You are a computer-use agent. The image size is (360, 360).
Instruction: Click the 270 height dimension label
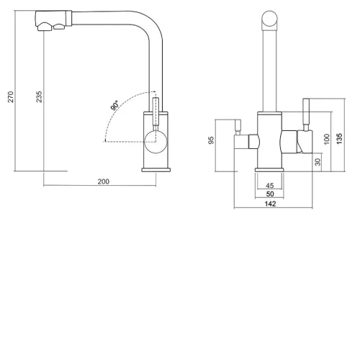(11, 96)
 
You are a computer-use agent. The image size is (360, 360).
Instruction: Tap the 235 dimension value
(39, 96)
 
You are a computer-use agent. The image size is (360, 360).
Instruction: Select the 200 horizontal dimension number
(104, 181)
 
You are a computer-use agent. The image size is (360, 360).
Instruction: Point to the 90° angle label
(114, 105)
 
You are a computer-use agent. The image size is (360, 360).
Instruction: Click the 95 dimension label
(211, 140)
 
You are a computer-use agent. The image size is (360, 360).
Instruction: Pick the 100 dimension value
(327, 139)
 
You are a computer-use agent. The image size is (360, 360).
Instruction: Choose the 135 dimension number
(339, 139)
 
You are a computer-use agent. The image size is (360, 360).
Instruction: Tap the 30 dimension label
(318, 162)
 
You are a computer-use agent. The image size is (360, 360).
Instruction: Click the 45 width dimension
(270, 186)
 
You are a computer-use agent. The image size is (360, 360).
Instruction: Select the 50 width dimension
(270, 194)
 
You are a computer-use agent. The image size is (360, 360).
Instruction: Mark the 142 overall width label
(270, 204)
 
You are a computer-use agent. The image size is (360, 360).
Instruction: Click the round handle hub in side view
(156, 142)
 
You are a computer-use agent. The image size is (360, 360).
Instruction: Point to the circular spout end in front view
(269, 19)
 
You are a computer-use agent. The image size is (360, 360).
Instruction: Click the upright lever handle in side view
(156, 114)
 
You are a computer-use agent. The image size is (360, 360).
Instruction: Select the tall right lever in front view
(306, 114)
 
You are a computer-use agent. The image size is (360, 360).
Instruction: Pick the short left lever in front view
(238, 127)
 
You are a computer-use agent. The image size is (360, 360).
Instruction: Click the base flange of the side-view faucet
(156, 170)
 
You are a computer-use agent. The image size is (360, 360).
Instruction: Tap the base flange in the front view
(269, 170)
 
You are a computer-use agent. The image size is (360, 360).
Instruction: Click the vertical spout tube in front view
(269, 70)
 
